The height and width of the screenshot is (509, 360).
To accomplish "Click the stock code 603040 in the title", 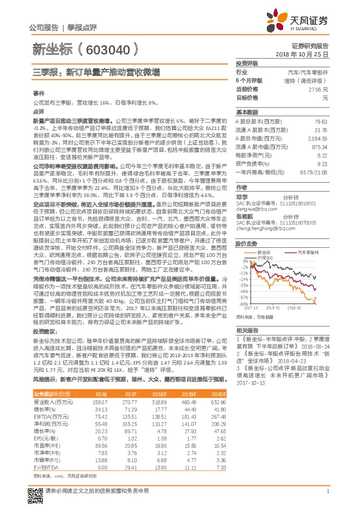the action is click(x=115, y=49).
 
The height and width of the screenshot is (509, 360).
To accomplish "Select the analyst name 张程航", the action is click(x=245, y=216).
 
